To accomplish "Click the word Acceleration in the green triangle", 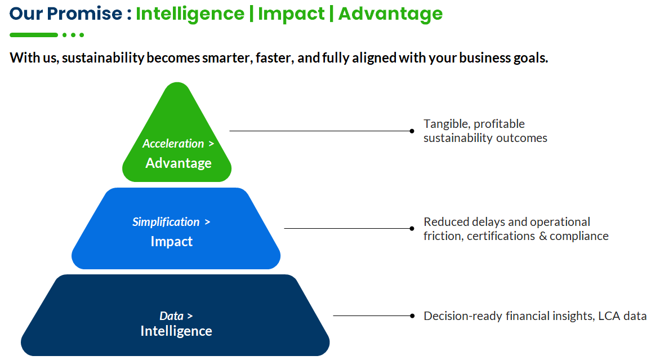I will coord(173,144).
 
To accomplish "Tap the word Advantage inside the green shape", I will coord(179,163).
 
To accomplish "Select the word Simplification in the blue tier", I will coord(166,222).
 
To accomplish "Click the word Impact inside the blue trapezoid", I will coord(171,242).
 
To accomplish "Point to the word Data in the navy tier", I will coord(171,316).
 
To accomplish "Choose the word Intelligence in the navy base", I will coord(176,331).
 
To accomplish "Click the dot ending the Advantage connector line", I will coord(412,131).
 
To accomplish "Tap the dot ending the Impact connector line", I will coord(412,228).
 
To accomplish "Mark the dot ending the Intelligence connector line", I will coord(412,316).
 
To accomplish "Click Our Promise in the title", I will coord(66,14).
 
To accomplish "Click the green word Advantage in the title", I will coord(390,14).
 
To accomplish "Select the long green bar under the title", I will coord(34,35).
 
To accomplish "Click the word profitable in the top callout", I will coord(500,124).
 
